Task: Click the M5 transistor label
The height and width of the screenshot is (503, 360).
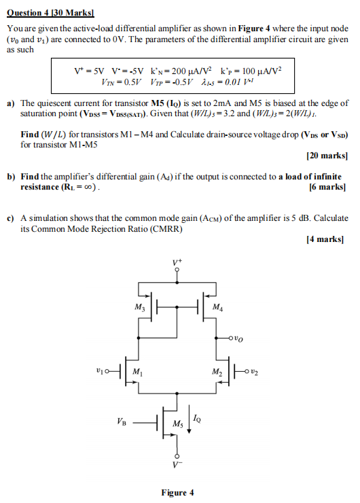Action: click(x=177, y=424)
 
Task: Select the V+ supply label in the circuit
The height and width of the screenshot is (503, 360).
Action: click(x=177, y=262)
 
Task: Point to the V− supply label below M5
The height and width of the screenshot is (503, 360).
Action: click(x=178, y=466)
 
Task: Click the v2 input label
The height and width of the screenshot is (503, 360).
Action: click(x=253, y=371)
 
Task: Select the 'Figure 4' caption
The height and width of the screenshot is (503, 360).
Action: click(x=177, y=493)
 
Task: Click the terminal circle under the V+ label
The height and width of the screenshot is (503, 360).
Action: click(x=178, y=271)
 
